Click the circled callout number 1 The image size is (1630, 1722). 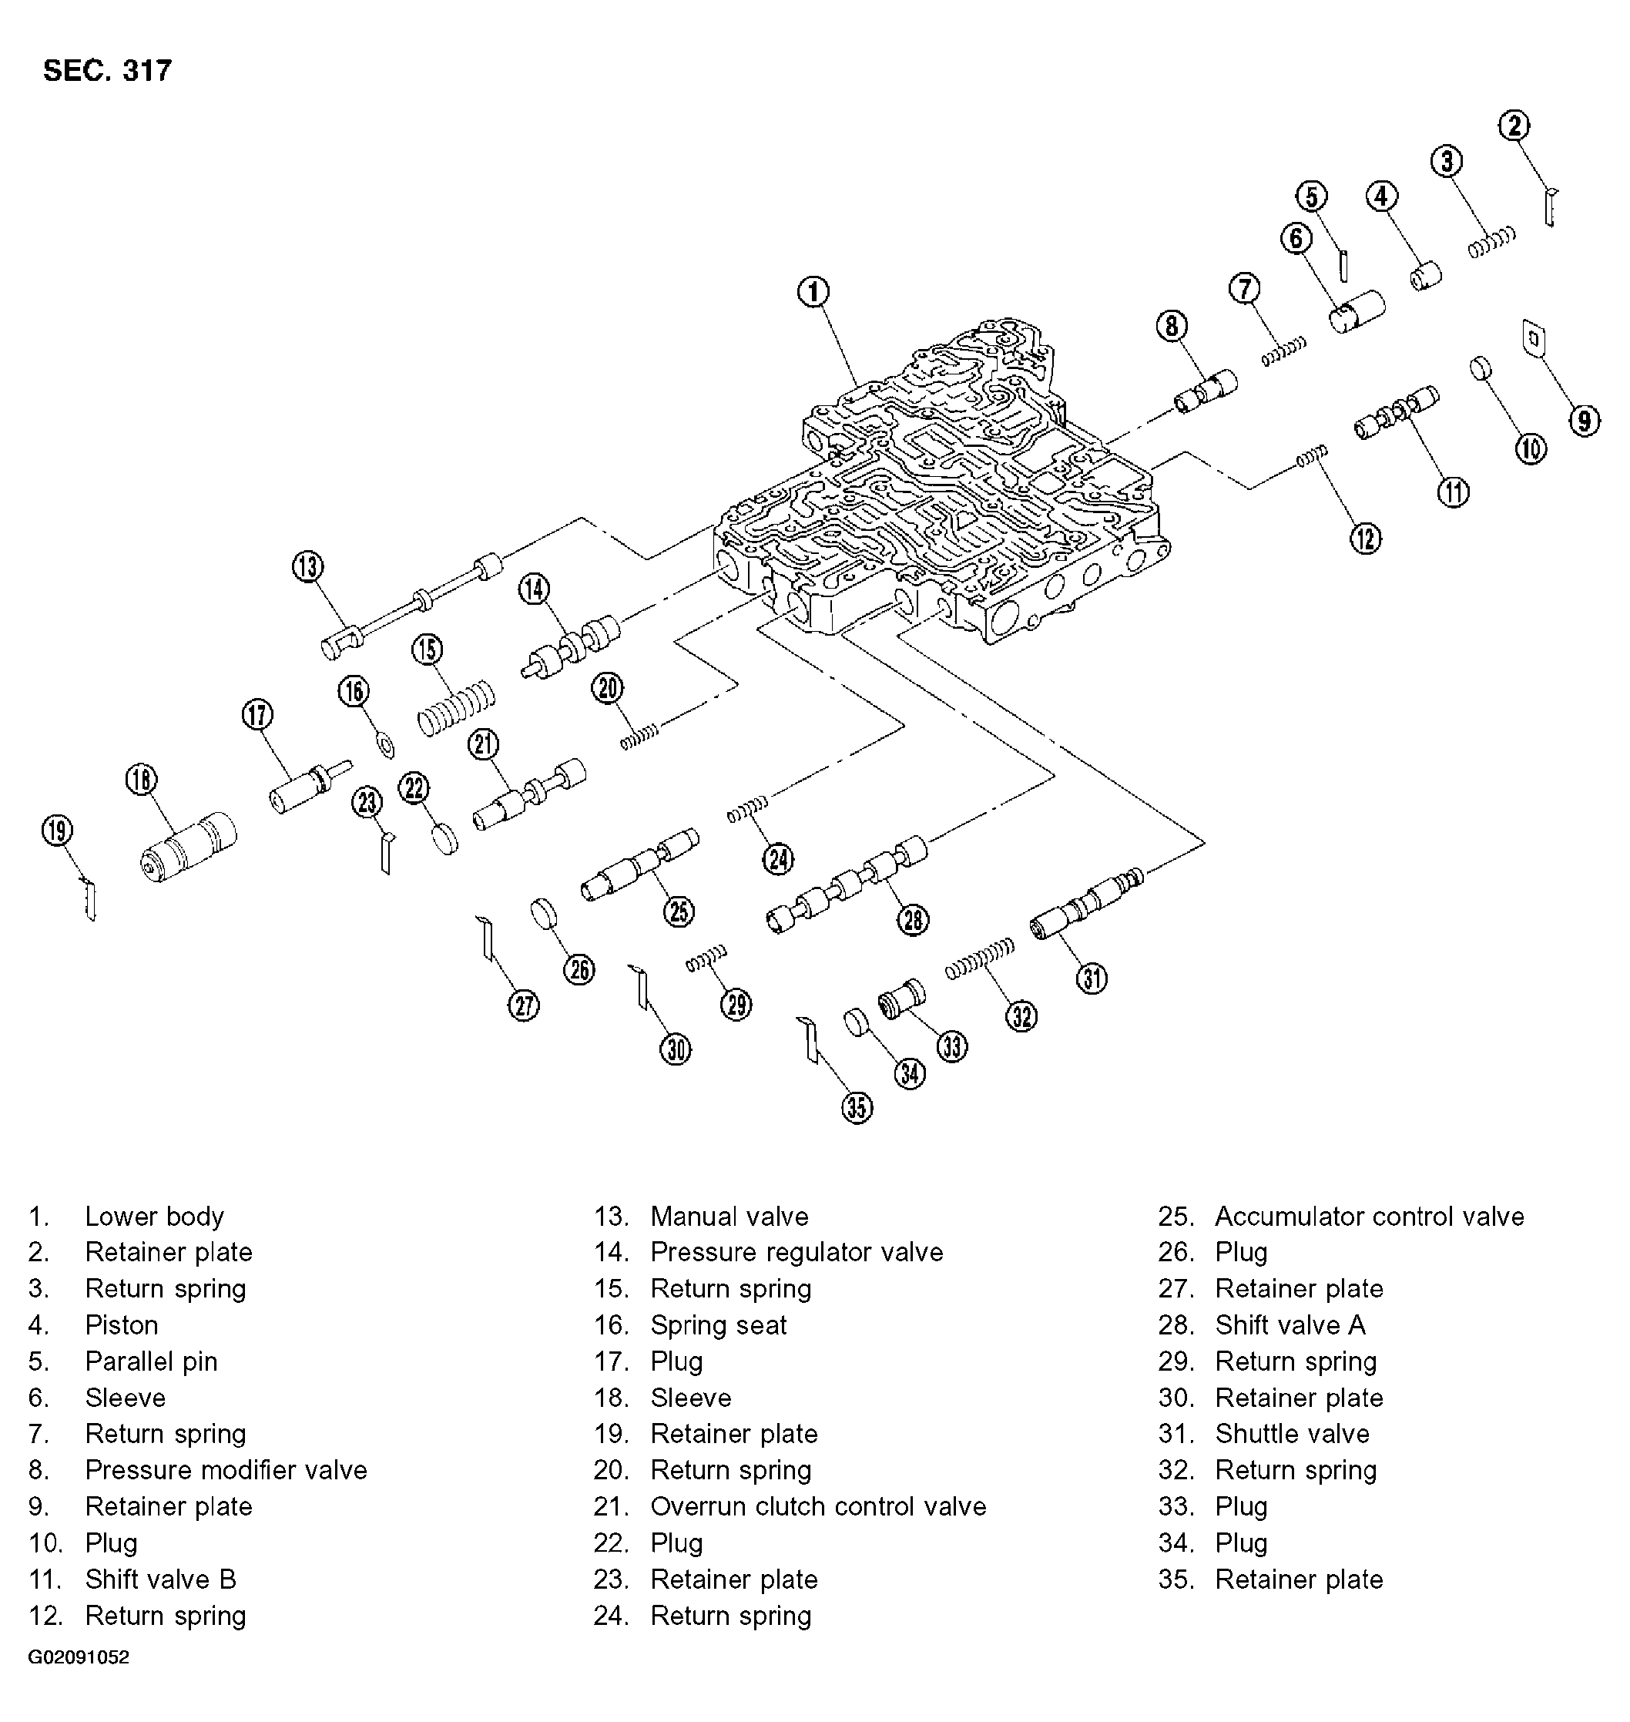(x=813, y=292)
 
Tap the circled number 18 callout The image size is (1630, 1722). (x=141, y=780)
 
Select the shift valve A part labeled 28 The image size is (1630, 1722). (x=848, y=886)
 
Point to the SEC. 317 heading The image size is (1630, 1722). (x=108, y=70)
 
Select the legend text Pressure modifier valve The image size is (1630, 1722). (x=226, y=1469)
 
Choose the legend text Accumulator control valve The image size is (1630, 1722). (x=1368, y=1216)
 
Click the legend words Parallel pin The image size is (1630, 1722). (x=151, y=1361)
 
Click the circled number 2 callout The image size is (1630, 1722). (x=1514, y=126)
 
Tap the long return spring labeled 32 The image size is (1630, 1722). (x=980, y=959)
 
